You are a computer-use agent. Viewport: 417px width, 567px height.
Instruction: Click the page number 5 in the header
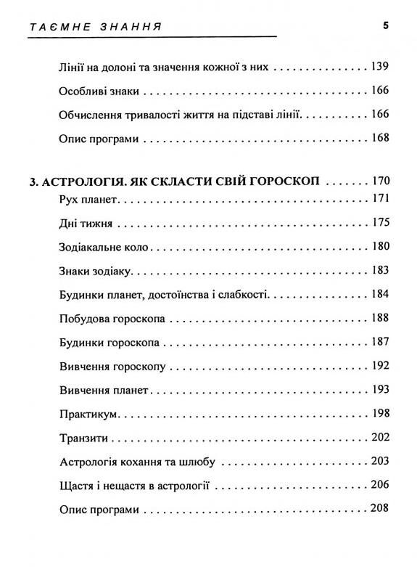tap(386, 26)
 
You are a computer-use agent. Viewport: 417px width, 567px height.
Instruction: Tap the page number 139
tap(380, 67)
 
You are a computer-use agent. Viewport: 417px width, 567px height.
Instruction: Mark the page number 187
tap(380, 343)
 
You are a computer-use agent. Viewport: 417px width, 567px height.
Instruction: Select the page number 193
tap(380, 390)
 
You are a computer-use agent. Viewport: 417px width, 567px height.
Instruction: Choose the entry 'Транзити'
tap(82, 438)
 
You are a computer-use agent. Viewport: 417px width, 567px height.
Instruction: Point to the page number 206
tap(380, 485)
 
